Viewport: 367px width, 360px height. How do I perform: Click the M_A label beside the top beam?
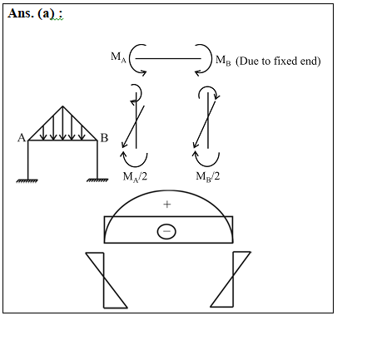[x=118, y=57]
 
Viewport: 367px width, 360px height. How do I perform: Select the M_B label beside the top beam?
[x=223, y=60]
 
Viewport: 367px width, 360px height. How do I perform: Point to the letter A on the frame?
[x=22, y=138]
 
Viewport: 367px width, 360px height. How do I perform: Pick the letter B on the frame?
[x=104, y=138]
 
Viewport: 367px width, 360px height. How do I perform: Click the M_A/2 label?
[x=135, y=176]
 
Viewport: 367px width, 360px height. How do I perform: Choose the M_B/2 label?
[x=208, y=176]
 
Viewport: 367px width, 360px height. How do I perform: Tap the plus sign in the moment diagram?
[x=167, y=205]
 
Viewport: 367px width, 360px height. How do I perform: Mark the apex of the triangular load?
[x=62, y=106]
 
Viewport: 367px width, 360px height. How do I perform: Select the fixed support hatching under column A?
[x=27, y=180]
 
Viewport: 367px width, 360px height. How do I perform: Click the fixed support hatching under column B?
[x=97, y=180]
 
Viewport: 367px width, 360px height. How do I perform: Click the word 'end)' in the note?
[x=311, y=61]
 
